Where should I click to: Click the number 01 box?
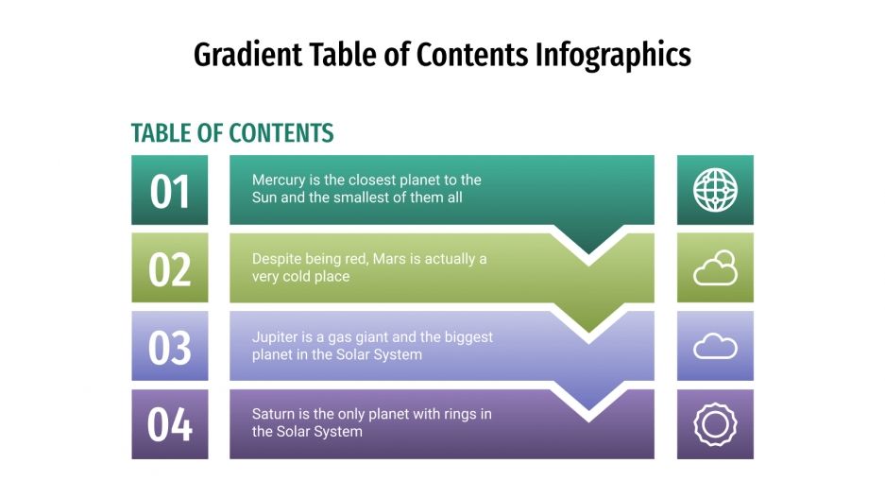170,190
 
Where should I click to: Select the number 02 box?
170,268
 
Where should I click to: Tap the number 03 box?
170,347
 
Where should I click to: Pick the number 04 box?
170,424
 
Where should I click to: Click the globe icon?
715,190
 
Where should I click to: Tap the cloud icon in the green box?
715,268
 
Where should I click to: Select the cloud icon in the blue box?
715,347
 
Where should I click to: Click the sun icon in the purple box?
715,424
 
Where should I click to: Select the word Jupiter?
276,337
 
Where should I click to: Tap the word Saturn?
275,415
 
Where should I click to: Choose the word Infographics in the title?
613,55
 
